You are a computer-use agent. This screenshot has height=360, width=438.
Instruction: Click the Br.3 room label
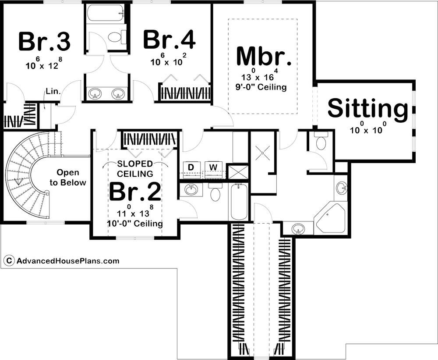pos(44,42)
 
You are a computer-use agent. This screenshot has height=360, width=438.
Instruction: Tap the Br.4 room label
pos(169,40)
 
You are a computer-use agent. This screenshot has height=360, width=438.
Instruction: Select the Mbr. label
pos(264,56)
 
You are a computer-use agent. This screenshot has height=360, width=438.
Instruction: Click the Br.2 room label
pos(135,192)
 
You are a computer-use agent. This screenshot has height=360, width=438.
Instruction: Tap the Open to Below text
pos(68,177)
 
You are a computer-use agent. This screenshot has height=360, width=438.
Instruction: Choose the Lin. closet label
pos(53,91)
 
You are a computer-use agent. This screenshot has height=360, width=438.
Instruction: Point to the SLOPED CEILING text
pos(135,169)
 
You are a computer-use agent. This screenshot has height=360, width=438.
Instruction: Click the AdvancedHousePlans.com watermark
pos(68,261)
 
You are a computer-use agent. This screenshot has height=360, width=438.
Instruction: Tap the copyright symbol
pos(9,261)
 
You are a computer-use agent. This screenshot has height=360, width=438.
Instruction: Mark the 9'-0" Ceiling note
pos(261,87)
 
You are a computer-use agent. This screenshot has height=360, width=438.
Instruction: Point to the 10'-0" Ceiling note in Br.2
pos(134,224)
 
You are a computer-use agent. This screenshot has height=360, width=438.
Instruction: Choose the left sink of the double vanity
pos(95,94)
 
